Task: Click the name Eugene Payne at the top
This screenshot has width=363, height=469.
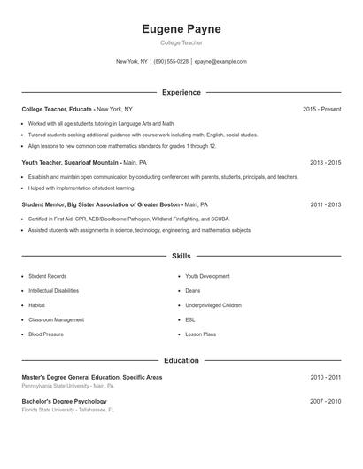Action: coord(181,29)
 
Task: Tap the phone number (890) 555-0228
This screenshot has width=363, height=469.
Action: coord(171,62)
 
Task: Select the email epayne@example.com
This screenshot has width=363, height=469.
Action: coord(220,62)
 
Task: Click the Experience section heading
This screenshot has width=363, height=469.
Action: coord(181,92)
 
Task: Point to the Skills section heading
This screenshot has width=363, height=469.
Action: coord(181,256)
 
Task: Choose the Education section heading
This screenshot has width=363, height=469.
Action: coord(181,361)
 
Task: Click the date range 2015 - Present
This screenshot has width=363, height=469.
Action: coord(321,109)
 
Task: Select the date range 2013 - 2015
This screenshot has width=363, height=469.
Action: coord(325,163)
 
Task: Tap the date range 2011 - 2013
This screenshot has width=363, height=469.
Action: coord(325,204)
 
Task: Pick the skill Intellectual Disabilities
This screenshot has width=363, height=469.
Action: coord(54,291)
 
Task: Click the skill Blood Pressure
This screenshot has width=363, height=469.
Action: coord(46,334)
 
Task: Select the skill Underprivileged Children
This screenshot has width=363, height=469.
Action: coord(213,305)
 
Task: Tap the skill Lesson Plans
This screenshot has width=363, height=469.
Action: coord(200,334)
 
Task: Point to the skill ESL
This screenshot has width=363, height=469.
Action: coord(190,319)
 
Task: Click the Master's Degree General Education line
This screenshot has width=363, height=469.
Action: coord(92,377)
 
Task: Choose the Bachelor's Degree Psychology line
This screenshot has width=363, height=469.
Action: coord(65,401)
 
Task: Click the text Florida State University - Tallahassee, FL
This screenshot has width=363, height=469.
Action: coord(68,410)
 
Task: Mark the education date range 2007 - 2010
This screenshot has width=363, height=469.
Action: coord(325,401)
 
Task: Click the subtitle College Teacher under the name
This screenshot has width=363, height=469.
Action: coord(181,42)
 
